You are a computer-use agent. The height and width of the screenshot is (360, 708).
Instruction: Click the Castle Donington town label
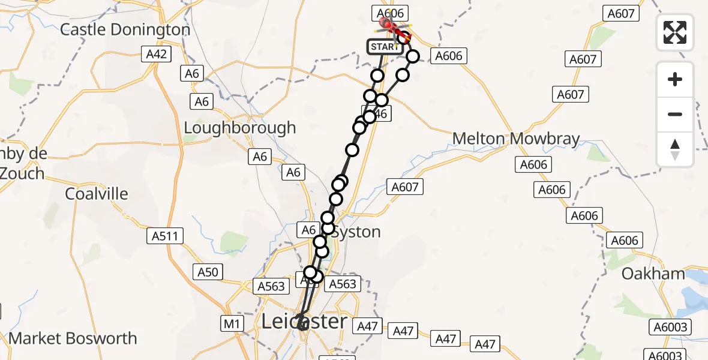click(125, 29)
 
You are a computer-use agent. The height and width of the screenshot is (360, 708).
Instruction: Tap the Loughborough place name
click(239, 128)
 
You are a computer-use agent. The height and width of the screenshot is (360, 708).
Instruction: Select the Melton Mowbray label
click(516, 139)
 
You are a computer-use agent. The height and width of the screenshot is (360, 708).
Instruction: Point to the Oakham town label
click(653, 274)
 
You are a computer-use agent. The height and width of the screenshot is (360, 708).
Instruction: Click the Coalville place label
click(97, 194)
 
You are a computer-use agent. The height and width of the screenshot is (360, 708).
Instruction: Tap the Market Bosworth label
click(73, 338)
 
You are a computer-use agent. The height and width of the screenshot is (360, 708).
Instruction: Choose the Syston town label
click(356, 232)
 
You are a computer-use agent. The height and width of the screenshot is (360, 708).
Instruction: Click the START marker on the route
click(385, 47)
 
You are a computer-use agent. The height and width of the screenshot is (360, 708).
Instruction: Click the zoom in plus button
click(675, 79)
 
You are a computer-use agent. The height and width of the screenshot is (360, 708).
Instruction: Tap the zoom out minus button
click(675, 114)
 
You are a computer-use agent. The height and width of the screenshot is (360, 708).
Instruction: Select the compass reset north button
click(675, 149)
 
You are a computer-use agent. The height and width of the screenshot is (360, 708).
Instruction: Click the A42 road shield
click(158, 55)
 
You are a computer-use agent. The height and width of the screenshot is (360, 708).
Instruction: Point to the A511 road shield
click(165, 236)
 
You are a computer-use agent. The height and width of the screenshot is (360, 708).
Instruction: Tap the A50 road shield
click(208, 272)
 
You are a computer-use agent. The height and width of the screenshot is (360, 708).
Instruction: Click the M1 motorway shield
click(233, 325)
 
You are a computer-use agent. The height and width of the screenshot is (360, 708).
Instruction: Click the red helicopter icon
click(388, 25)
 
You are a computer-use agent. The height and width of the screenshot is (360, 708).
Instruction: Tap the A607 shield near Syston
click(404, 187)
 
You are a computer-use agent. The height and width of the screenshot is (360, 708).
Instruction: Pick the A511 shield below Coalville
click(165, 236)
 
